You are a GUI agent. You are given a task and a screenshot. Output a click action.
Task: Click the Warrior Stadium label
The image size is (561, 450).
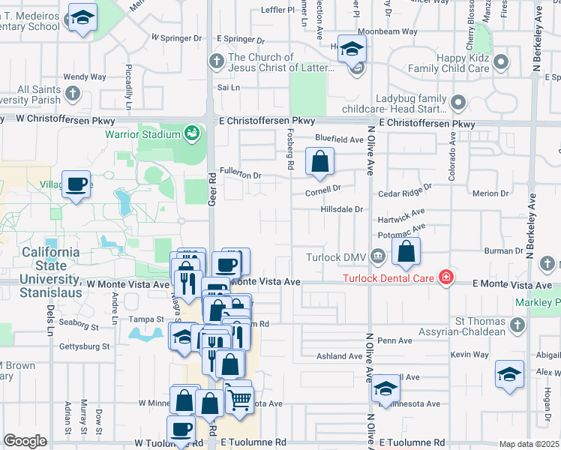[142, 134]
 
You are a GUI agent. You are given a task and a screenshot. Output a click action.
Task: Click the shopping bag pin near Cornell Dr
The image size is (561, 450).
[320, 162]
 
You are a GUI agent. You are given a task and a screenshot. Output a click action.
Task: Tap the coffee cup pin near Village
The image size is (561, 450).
[76, 184]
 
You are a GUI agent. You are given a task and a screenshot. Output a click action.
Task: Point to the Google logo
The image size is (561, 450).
[25, 441]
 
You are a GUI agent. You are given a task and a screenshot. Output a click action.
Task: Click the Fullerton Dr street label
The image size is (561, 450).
[240, 175]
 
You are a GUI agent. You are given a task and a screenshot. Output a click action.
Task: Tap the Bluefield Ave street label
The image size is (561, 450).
[339, 139]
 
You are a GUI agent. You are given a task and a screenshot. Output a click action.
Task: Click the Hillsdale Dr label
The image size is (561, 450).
[341, 209]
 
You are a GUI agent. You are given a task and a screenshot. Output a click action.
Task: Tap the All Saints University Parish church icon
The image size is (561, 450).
[73, 94]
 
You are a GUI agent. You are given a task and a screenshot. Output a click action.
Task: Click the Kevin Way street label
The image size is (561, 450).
[470, 354]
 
